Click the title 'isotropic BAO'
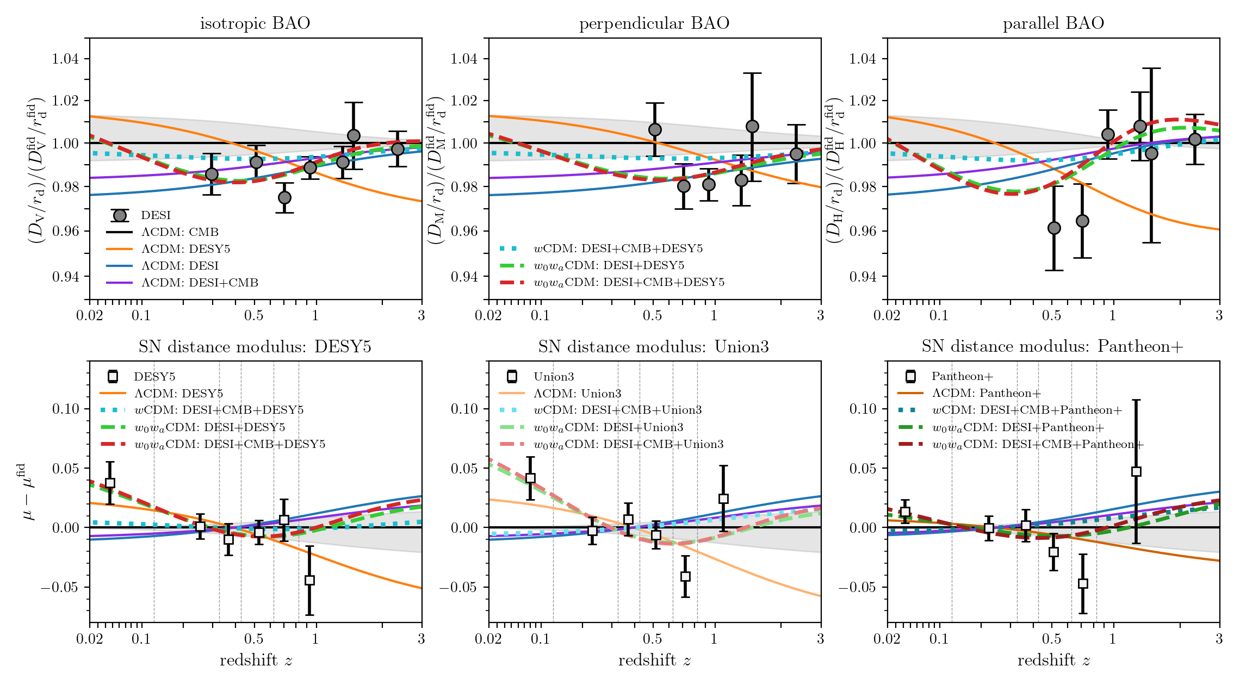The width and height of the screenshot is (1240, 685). (255, 23)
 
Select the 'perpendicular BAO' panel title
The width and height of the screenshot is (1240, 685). (654, 23)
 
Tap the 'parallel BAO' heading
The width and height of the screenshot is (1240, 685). (1053, 23)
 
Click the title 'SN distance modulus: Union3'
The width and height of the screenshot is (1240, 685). (654, 347)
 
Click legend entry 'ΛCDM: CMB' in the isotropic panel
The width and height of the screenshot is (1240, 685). (180, 232)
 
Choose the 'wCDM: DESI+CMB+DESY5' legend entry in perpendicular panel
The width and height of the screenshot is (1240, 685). (618, 248)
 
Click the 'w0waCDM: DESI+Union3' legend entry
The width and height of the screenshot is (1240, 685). (608, 427)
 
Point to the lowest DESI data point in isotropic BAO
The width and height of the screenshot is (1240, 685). (284, 197)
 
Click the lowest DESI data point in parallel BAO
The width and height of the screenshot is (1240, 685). (1054, 228)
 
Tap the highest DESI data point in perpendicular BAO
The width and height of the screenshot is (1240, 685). (752, 126)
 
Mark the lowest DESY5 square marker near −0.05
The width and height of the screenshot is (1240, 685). (309, 580)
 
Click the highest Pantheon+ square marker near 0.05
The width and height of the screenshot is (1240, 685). (1136, 471)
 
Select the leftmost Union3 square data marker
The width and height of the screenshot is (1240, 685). (530, 478)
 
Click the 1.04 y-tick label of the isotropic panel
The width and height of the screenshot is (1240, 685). (65, 59)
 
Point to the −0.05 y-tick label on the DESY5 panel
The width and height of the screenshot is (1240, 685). (60, 587)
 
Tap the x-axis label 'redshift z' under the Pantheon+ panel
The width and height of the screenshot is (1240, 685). (1053, 661)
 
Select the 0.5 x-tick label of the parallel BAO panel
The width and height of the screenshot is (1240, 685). (1051, 315)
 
